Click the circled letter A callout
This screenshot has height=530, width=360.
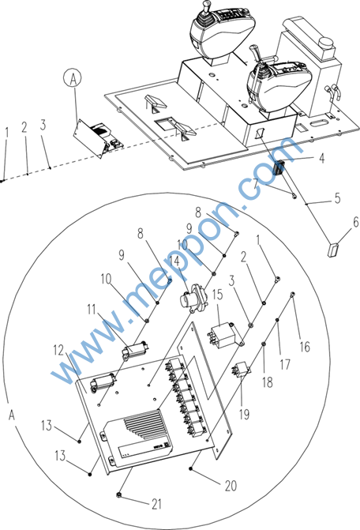coord(73,78)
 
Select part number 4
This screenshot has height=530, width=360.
coord(322,158)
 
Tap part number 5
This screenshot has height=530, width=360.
coord(337,198)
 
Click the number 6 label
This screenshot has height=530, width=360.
coord(355,222)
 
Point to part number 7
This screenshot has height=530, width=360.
coord(257,183)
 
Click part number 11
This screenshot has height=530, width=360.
coord(92,309)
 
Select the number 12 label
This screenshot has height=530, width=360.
coord(58,350)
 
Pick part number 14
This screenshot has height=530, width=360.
coord(174,261)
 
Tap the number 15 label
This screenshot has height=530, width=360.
coord(217,295)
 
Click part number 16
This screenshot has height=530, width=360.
coord(305,347)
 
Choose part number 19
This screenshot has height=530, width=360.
coord(244,414)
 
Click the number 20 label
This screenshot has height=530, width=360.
coord(231,486)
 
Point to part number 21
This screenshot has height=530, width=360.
coord(156,504)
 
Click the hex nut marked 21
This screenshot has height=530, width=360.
coord(118,495)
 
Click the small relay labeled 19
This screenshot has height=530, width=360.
coord(241,369)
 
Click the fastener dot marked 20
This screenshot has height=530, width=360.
coord(191,468)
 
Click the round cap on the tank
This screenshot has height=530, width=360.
coord(325,43)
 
